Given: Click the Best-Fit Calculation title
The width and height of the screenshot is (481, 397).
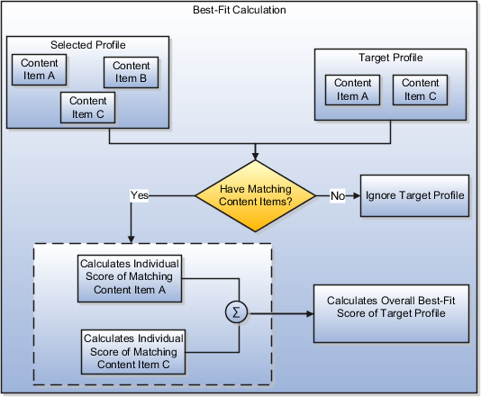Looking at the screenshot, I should (x=240, y=11).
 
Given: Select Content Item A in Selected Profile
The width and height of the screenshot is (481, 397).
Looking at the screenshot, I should (x=37, y=69).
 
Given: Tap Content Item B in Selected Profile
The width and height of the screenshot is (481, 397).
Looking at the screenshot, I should (x=132, y=72).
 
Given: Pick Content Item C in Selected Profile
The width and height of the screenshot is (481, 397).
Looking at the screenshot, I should (x=87, y=107).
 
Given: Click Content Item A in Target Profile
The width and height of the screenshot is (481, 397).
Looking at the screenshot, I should (x=353, y=89).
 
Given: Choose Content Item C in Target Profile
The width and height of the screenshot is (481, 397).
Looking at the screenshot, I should (x=421, y=89).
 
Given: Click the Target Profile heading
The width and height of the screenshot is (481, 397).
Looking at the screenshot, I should (x=390, y=58).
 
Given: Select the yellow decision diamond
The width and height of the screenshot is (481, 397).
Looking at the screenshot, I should (x=255, y=194).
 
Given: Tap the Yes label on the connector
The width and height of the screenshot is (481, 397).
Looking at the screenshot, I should (x=140, y=194).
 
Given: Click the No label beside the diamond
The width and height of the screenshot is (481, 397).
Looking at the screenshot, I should (x=337, y=194).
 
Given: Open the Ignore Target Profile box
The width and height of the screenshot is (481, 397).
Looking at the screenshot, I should (x=414, y=195).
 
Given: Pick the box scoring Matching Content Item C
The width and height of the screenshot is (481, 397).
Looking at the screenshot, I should (x=134, y=351).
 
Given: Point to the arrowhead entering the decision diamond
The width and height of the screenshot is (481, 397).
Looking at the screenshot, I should (x=255, y=158).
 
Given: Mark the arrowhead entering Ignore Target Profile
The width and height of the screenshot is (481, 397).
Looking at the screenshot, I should (x=356, y=194).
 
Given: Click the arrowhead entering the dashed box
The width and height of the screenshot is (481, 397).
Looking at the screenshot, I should (x=132, y=239).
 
